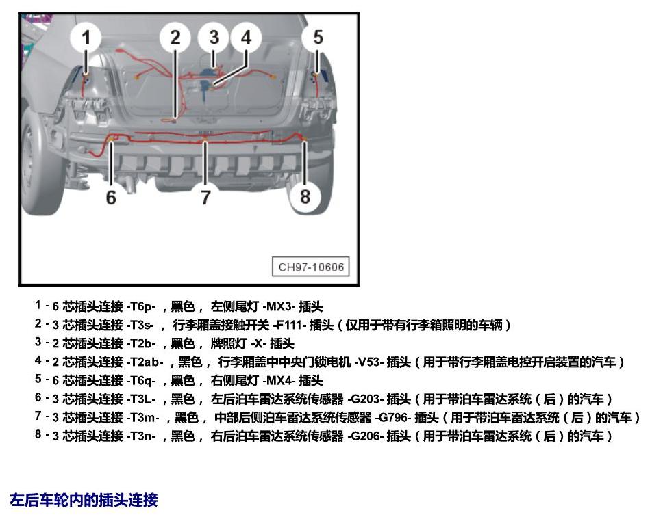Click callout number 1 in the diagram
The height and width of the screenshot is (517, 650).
click(x=86, y=38)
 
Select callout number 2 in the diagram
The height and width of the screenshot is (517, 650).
click(x=175, y=38)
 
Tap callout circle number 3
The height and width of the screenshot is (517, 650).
click(x=214, y=38)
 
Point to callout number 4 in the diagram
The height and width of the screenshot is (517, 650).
click(x=247, y=38)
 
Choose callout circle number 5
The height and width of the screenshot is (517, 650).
click(x=318, y=38)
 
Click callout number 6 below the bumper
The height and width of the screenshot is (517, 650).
click(x=111, y=198)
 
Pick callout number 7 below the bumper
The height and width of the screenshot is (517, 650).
click(x=206, y=198)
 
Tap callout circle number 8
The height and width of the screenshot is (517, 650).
click(x=305, y=197)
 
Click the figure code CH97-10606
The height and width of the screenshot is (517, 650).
click(x=311, y=267)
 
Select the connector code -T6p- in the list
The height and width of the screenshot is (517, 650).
click(x=141, y=307)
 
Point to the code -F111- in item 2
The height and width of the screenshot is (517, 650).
click(x=289, y=325)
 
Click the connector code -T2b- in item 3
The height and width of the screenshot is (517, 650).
click(x=141, y=343)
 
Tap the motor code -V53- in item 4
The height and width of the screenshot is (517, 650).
click(x=368, y=362)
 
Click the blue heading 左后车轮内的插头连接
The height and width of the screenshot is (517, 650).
click(x=84, y=500)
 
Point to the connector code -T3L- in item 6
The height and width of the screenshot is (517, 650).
click(x=141, y=399)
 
